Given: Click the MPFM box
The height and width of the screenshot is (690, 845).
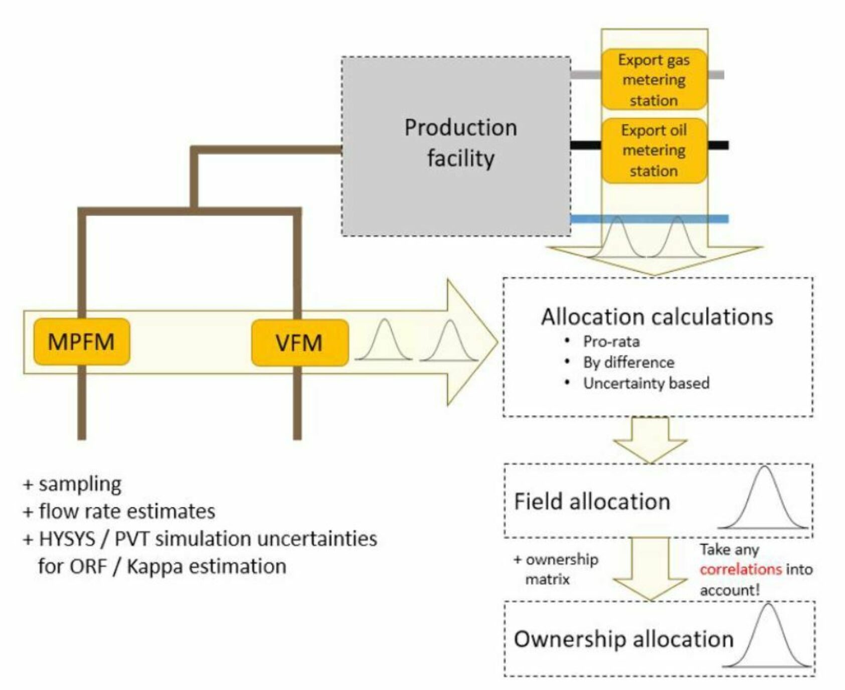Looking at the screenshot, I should [x=82, y=342].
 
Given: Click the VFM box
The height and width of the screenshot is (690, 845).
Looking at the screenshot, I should [x=299, y=343].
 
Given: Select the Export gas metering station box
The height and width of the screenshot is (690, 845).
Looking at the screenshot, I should [x=654, y=80].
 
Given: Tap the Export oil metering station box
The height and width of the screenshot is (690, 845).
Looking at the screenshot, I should [x=654, y=150].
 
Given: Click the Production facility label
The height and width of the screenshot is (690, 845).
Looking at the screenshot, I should [x=460, y=143].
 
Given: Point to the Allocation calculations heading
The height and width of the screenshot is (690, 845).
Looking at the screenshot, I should [x=657, y=317].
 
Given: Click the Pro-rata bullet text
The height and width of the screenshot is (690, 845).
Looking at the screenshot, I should [x=611, y=342].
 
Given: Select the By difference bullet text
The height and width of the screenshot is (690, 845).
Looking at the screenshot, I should [x=628, y=363].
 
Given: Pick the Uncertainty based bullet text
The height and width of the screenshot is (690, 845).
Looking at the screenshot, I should [x=646, y=384].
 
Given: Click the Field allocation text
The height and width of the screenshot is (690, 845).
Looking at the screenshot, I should [x=592, y=501].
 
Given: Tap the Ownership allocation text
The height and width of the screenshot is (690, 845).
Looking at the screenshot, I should [x=623, y=639].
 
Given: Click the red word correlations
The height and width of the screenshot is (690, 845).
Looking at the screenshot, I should [x=741, y=570].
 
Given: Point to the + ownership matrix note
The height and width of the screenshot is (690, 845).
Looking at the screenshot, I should [x=556, y=570].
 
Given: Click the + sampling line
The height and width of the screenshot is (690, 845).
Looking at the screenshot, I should [x=73, y=484].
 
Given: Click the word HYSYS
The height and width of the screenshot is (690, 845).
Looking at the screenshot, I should [x=67, y=539].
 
